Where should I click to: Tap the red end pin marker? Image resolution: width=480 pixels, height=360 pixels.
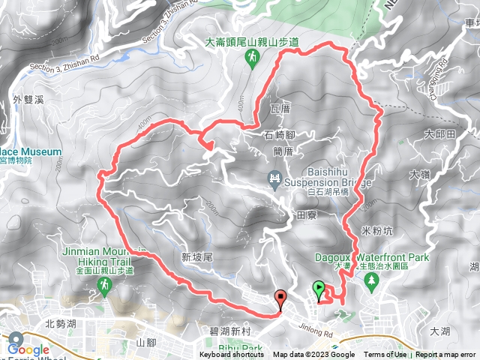click(281, 298)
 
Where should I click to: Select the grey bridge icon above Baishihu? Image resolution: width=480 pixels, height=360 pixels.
click(274, 178)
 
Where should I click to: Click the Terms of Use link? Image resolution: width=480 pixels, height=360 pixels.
click(385, 355)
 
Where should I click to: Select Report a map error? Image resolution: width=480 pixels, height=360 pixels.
click(445, 355)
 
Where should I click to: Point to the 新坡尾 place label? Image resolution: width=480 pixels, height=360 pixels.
click(198, 256)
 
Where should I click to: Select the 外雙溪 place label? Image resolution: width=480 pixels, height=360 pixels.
click(28, 98)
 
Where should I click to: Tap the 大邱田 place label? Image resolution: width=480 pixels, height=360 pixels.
click(439, 136)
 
